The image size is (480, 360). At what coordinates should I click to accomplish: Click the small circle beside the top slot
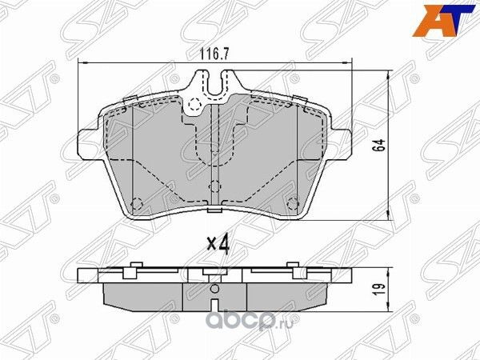(192, 102)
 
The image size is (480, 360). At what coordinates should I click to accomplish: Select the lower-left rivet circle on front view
(136, 201)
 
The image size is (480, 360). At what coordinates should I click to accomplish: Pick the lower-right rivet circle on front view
(292, 201)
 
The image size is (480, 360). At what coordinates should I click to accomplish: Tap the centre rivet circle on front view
(214, 186)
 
